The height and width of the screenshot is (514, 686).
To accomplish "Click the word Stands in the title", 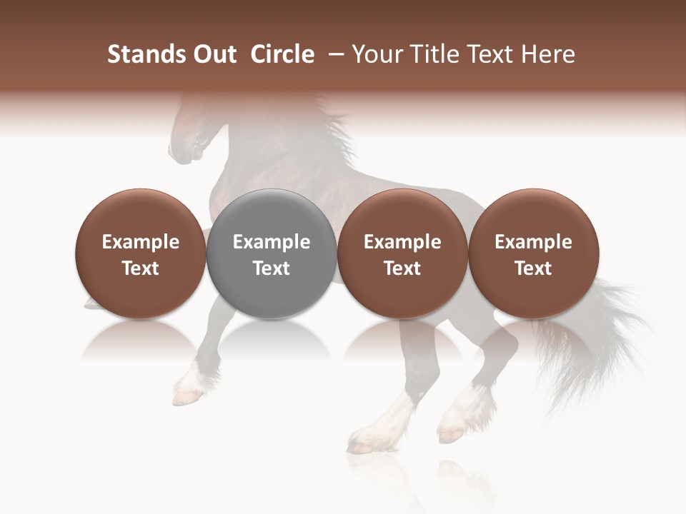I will pyautogui.click(x=142, y=54).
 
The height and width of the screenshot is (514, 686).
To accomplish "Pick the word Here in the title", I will pyautogui.click(x=548, y=54).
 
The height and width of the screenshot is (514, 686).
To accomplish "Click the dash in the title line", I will pyautogui.click(x=334, y=54).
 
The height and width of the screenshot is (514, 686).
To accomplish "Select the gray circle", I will pyautogui.click(x=271, y=254).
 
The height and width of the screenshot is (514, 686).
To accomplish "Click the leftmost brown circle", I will pyautogui.click(x=140, y=254).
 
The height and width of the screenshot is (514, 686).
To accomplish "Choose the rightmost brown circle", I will pyautogui.click(x=533, y=254).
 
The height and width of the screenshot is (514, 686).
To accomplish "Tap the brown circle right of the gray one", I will pyautogui.click(x=402, y=254).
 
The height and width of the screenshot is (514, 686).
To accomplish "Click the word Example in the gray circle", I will pyautogui.click(x=271, y=242).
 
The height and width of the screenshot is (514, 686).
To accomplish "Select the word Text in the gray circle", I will pyautogui.click(x=271, y=268).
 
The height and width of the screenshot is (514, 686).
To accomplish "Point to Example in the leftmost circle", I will pyautogui.click(x=140, y=242).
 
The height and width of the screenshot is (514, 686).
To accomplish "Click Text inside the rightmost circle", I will pyautogui.click(x=533, y=268).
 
